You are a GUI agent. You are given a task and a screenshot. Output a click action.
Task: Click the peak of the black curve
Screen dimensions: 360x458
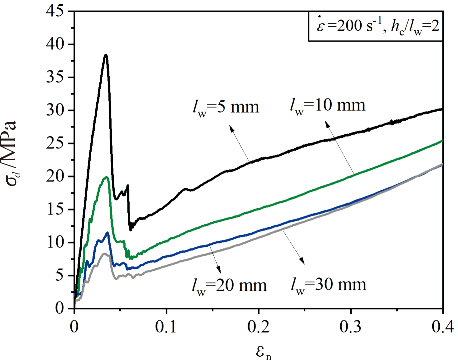pyautogui.click(x=106, y=55)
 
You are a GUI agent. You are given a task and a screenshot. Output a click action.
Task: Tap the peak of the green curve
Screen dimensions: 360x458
pyautogui.click(x=107, y=177)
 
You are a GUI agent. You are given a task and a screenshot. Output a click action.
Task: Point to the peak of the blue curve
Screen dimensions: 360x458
pyautogui.click(x=107, y=232)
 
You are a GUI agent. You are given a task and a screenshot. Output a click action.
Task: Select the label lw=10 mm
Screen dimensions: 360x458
pyautogui.click(x=328, y=105)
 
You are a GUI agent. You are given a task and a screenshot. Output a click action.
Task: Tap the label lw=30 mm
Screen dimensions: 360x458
pyautogui.click(x=328, y=285)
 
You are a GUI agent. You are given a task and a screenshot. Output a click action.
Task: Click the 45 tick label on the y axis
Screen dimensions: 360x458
pyautogui.click(x=55, y=11)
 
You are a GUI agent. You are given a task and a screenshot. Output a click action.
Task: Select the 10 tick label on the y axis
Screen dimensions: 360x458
pyautogui.click(x=55, y=242)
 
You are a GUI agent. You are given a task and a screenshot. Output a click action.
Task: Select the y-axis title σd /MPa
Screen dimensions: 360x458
pyautogui.click(x=12, y=153)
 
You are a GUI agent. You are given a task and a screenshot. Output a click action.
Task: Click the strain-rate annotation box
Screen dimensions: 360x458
pyautogui.click(x=376, y=26)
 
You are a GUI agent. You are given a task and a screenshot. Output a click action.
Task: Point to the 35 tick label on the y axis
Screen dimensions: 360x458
pyautogui.click(x=55, y=77)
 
